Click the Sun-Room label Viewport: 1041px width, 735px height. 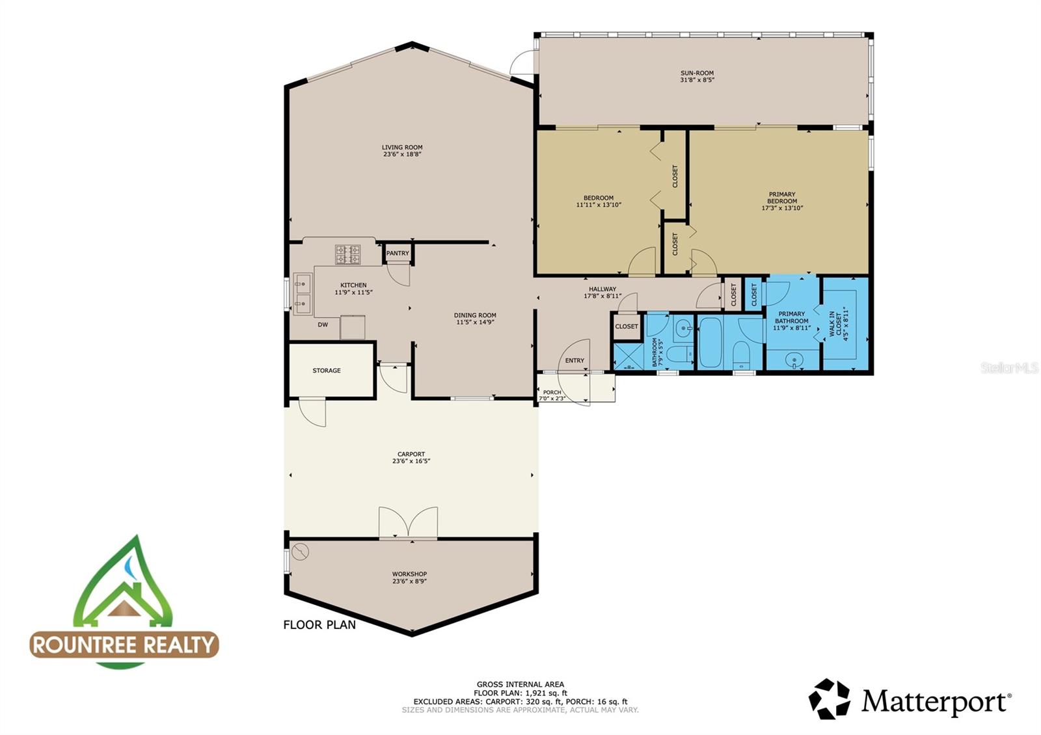pyautogui.click(x=697, y=73)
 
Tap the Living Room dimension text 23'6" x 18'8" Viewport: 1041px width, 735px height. pyautogui.click(x=403, y=154)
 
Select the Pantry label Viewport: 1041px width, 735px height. pyautogui.click(x=398, y=253)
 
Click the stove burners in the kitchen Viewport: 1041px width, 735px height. pyautogui.click(x=347, y=254)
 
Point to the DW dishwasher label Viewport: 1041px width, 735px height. pyautogui.click(x=323, y=325)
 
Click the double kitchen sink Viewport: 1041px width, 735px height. pyautogui.click(x=303, y=293)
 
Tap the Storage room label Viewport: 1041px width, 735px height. pyautogui.click(x=327, y=371)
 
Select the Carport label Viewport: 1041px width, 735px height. pyautogui.click(x=411, y=455)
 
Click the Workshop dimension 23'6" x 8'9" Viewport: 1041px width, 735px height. pyautogui.click(x=409, y=581)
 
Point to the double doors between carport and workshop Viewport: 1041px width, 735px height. pyautogui.click(x=409, y=523)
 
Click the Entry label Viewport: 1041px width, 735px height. pyautogui.click(x=575, y=360)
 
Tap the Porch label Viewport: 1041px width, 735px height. pyautogui.click(x=552, y=392)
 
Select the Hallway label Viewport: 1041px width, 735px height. pyautogui.click(x=602, y=289)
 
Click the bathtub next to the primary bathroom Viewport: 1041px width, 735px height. pyautogui.click(x=710, y=342)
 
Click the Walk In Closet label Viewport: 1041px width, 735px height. pyautogui.click(x=835, y=324)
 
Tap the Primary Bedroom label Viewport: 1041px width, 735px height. pyautogui.click(x=782, y=198)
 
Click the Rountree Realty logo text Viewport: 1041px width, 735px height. pyautogui.click(x=124, y=645)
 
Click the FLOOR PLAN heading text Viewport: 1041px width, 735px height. pyautogui.click(x=319, y=625)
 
